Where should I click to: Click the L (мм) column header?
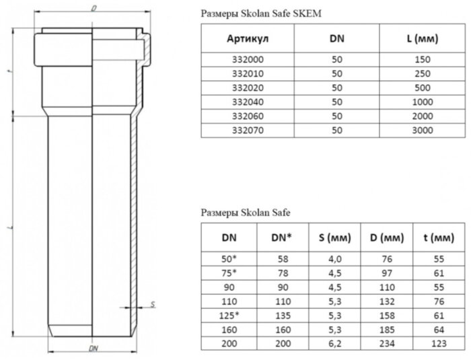click(422, 39)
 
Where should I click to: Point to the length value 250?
click(422, 73)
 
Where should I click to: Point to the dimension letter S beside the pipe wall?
click(153, 304)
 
